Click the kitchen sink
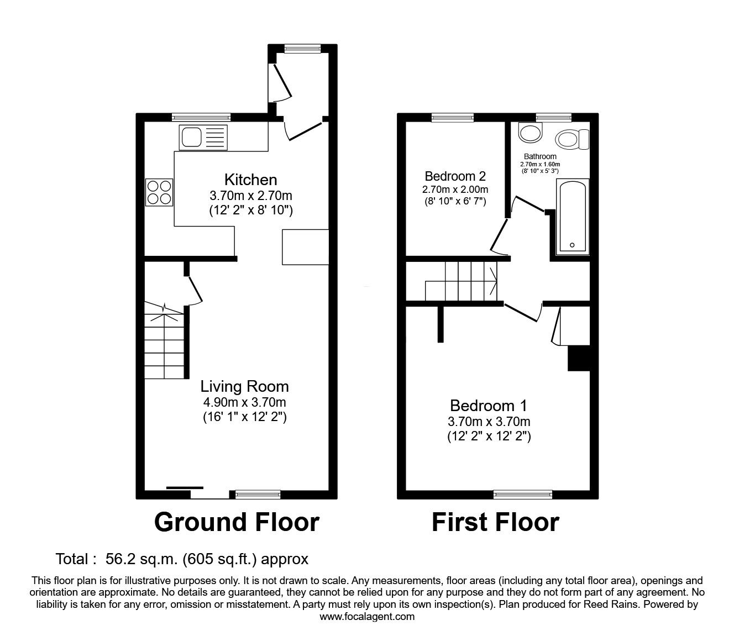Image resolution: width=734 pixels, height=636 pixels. [x=203, y=138]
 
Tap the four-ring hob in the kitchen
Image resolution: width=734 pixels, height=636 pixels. [x=159, y=192]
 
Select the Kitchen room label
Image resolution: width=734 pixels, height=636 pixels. [x=251, y=180]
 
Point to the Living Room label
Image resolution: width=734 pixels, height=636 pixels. [x=245, y=386]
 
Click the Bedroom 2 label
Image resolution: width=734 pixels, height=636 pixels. [x=455, y=176]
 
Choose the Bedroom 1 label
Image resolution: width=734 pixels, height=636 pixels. [x=489, y=406]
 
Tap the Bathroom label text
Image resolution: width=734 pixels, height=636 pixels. [x=540, y=156]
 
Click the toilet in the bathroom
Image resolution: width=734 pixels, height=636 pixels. [x=572, y=139]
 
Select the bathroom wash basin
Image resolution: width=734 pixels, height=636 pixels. [x=531, y=133]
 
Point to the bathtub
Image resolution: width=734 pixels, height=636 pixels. [x=573, y=217]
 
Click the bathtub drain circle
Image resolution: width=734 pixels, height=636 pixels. [x=572, y=245]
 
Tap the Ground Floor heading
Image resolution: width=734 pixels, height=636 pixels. [x=237, y=522]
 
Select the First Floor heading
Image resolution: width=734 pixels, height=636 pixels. [x=496, y=522]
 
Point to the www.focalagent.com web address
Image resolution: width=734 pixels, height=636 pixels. [x=367, y=617]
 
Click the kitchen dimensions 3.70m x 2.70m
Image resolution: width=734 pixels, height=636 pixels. [x=251, y=196]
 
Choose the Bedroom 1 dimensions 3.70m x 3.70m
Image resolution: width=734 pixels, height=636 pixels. [x=489, y=422]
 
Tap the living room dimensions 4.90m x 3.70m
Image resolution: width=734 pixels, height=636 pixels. [x=245, y=402]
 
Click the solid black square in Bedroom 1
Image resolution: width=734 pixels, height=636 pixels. [x=579, y=358]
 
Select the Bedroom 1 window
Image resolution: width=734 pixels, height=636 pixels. [x=523, y=495]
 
